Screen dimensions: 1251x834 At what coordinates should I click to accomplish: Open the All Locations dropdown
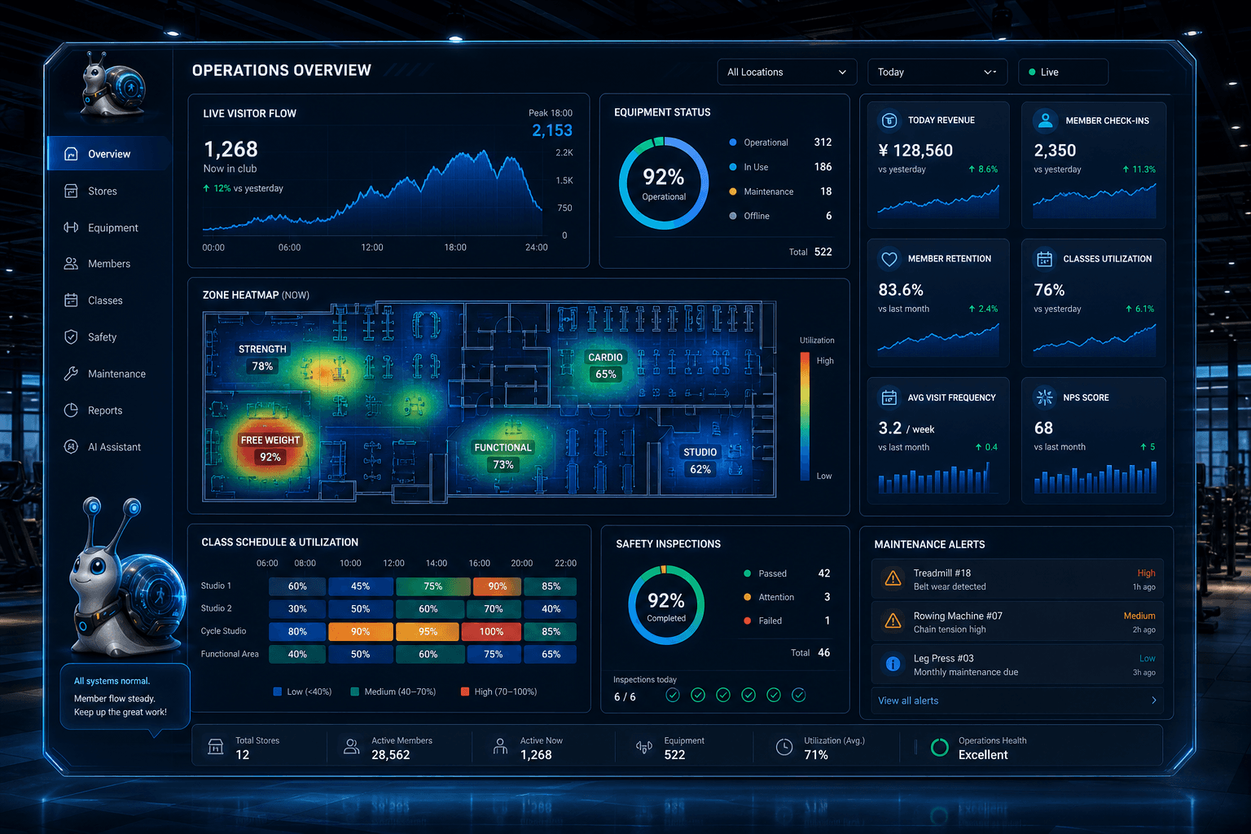pyautogui.click(x=786, y=72)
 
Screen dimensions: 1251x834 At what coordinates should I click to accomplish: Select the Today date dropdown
pyautogui.click(x=937, y=72)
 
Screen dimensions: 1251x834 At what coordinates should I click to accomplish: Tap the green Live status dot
pyautogui.click(x=1032, y=72)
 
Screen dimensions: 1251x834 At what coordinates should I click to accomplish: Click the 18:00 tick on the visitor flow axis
pyautogui.click(x=455, y=248)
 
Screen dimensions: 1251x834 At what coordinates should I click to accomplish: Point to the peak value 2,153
pyautogui.click(x=551, y=130)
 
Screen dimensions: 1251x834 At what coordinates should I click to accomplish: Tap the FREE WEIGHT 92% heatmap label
pyautogui.click(x=270, y=449)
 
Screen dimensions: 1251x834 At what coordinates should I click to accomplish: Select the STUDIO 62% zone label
pyautogui.click(x=700, y=461)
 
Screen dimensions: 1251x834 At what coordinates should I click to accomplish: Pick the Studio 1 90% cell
pyautogui.click(x=497, y=586)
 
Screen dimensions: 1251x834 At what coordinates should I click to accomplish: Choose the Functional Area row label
pyautogui.click(x=230, y=654)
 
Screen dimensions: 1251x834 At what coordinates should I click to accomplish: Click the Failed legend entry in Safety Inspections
pyautogui.click(x=763, y=621)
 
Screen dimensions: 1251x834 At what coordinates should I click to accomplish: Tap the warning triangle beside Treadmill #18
pyautogui.click(x=893, y=579)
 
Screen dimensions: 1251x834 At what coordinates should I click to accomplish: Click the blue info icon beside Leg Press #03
pyautogui.click(x=893, y=664)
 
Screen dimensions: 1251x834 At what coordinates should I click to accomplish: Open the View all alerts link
pyautogui.click(x=908, y=700)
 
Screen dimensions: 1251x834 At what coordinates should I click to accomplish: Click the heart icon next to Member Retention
pyautogui.click(x=889, y=259)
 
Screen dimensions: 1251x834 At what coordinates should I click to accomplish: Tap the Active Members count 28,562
pyautogui.click(x=390, y=755)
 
